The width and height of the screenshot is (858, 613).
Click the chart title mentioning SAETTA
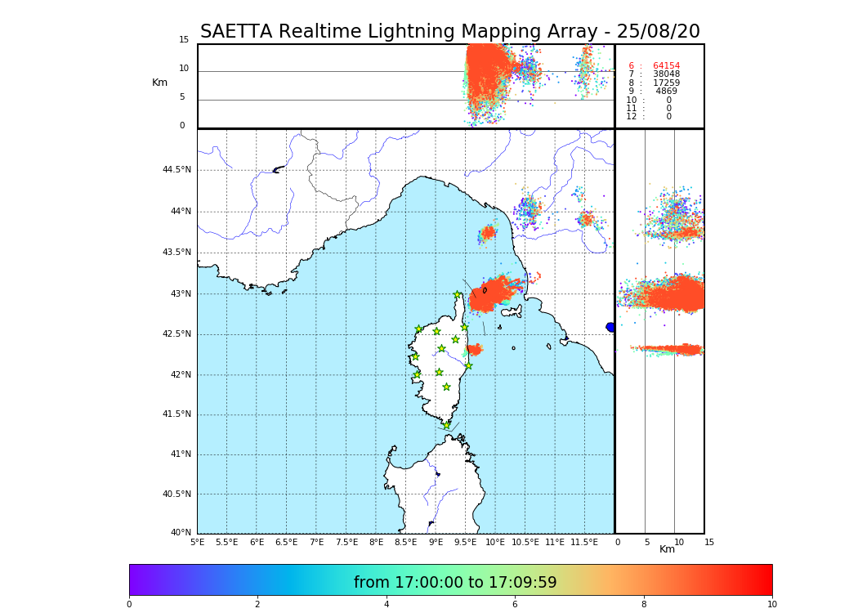[449, 32]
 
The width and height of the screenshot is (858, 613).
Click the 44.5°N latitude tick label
[176, 170]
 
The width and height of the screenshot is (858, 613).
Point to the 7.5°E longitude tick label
[346, 543]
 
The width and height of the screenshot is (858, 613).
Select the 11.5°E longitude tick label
[584, 543]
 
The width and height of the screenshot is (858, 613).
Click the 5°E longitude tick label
[197, 543]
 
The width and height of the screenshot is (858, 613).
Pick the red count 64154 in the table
[666, 66]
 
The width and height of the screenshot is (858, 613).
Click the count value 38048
[666, 74]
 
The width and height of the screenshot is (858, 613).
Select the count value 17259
[666, 83]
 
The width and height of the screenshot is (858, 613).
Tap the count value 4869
[666, 92]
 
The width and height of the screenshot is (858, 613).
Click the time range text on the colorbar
[455, 583]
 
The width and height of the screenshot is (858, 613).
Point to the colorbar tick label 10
[771, 605]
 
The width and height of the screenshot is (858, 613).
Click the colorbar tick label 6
[515, 605]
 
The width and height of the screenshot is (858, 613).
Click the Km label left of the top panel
[159, 83]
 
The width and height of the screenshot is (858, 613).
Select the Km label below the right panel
[668, 549]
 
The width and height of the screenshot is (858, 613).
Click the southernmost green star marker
[446, 425]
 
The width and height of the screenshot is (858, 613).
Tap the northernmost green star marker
[458, 295]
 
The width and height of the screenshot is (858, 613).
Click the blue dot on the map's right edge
[610, 327]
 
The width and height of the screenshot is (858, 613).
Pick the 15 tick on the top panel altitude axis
[184, 40]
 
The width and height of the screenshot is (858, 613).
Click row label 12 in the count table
[632, 117]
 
